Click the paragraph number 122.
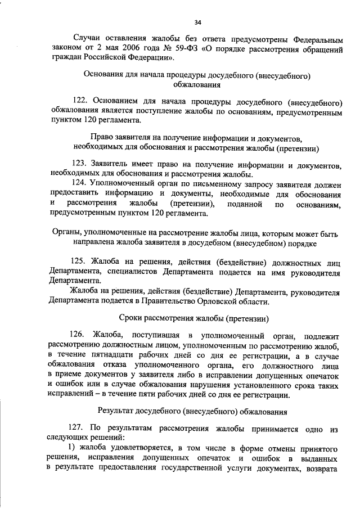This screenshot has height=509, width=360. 80,102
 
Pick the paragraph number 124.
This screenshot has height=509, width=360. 80,183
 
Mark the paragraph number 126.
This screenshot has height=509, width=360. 80,336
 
